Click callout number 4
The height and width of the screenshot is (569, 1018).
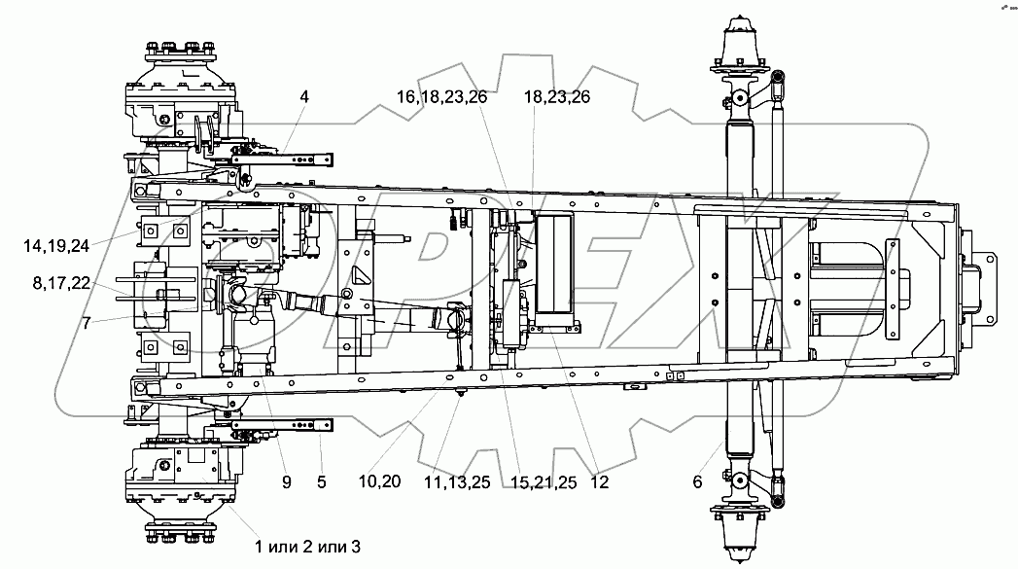point(304,97)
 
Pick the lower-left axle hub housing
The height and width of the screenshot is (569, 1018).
point(181,481)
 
